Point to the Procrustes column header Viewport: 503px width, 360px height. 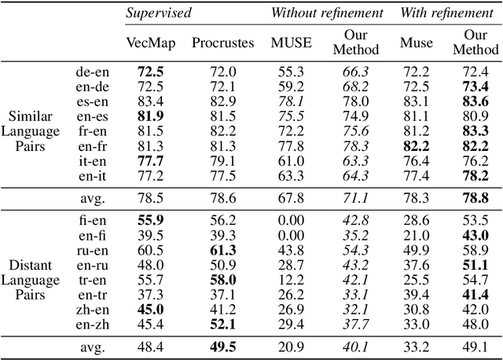tap(222, 42)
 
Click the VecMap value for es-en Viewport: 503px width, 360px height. tap(149, 101)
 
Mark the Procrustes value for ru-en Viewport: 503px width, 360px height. tap(224, 250)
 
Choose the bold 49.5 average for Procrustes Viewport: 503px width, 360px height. tap(224, 347)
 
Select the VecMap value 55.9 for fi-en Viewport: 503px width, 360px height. tap(149, 219)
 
